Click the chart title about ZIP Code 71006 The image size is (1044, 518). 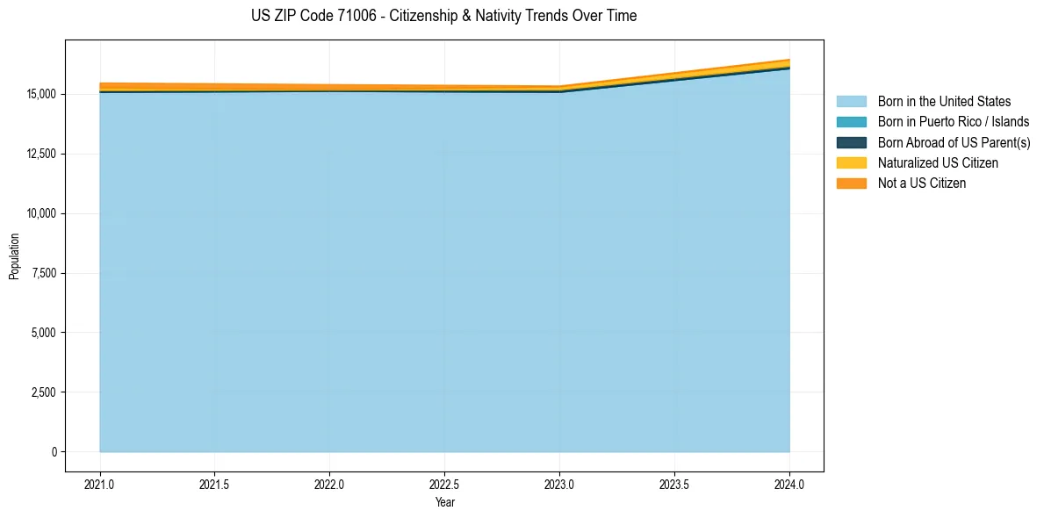click(443, 16)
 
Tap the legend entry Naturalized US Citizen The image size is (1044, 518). click(938, 163)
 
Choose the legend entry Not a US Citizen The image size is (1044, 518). click(921, 183)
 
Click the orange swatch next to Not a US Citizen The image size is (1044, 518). click(851, 183)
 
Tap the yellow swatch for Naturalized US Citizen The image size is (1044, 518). click(851, 163)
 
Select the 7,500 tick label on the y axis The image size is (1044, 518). click(42, 273)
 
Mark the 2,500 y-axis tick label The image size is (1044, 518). click(42, 392)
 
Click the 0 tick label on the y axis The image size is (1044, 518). click(54, 452)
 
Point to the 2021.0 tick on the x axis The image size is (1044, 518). click(100, 484)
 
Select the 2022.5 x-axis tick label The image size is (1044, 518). click(444, 484)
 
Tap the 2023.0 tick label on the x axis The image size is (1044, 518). click(559, 484)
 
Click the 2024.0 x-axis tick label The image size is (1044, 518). click(789, 484)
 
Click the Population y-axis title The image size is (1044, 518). click(14, 256)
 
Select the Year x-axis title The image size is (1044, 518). click(444, 502)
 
